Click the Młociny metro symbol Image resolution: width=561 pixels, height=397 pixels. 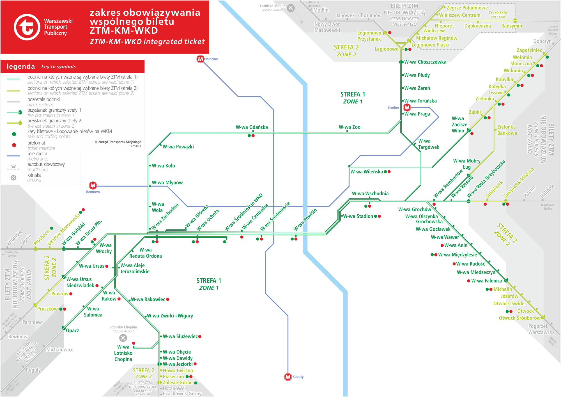(200, 59)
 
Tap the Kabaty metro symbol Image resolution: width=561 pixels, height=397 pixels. (288, 377)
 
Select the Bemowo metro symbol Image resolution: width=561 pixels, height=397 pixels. (93, 185)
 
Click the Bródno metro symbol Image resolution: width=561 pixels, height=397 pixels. (407, 107)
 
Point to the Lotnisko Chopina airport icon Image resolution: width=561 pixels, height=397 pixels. (123, 338)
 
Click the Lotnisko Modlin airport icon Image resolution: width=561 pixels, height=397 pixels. (291, 8)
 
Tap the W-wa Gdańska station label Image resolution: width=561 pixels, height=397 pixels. (252, 127)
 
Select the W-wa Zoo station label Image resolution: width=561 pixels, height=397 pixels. (350, 127)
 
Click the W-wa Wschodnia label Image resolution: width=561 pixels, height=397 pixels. (370, 194)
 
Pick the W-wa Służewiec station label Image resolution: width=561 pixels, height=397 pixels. (180, 336)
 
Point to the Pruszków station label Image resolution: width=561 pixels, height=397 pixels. (47, 309)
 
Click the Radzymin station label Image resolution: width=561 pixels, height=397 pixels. (511, 26)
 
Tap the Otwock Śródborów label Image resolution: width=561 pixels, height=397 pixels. (519, 318)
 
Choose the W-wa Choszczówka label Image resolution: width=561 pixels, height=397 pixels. (425, 62)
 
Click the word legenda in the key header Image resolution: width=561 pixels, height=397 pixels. (21, 66)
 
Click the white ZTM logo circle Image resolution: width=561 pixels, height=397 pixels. (27, 27)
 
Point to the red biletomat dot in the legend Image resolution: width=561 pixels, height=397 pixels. (14, 145)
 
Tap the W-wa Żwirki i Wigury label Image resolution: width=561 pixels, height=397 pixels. (170, 316)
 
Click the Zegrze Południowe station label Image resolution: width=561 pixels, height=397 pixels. (467, 8)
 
